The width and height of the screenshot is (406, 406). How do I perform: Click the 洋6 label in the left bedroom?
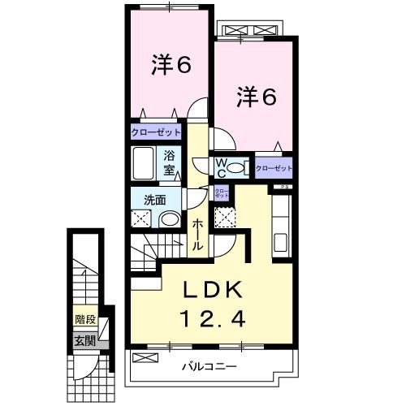point(171,66)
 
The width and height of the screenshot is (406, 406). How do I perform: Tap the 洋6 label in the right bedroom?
point(257,97)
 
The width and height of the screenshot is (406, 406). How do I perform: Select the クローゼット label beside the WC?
point(273,168)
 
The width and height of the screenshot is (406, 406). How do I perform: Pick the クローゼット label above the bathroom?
point(156,132)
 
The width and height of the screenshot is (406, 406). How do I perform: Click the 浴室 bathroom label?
point(171,162)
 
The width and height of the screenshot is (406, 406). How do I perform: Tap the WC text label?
point(219,166)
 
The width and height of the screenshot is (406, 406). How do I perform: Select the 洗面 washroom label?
point(155,198)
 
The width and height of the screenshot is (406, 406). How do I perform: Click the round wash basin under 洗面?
point(169,219)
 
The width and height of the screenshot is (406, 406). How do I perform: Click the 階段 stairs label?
point(84,320)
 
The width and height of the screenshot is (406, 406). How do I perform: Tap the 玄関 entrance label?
point(84,340)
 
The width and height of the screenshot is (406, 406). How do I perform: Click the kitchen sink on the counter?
point(281,242)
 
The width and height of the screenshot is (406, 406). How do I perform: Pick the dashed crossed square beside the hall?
point(223,217)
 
